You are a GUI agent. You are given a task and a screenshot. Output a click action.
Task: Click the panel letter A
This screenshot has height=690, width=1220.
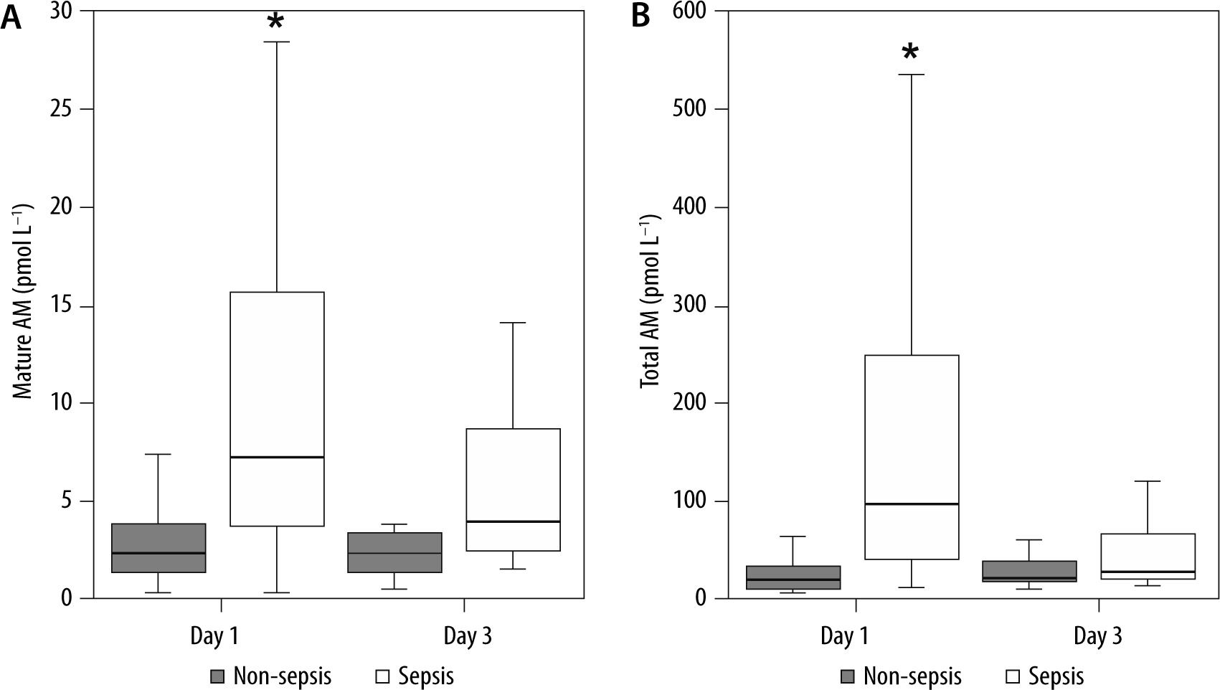(11, 17)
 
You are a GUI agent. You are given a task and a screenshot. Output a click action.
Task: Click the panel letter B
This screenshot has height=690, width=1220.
(640, 17)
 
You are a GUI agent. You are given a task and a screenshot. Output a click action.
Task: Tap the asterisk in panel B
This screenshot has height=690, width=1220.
(910, 52)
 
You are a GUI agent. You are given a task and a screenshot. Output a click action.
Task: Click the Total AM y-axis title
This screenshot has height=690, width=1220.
(650, 305)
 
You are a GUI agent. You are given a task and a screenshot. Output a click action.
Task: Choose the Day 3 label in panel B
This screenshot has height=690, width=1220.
(1098, 636)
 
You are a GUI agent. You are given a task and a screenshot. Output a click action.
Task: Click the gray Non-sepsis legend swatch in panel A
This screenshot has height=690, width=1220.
(218, 676)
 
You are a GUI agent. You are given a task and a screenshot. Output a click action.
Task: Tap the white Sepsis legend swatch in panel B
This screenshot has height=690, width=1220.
(1013, 676)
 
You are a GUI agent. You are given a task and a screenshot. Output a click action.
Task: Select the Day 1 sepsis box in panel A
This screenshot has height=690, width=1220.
(276, 373)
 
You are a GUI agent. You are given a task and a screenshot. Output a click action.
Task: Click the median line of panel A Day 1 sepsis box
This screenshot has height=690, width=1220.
(276, 457)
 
